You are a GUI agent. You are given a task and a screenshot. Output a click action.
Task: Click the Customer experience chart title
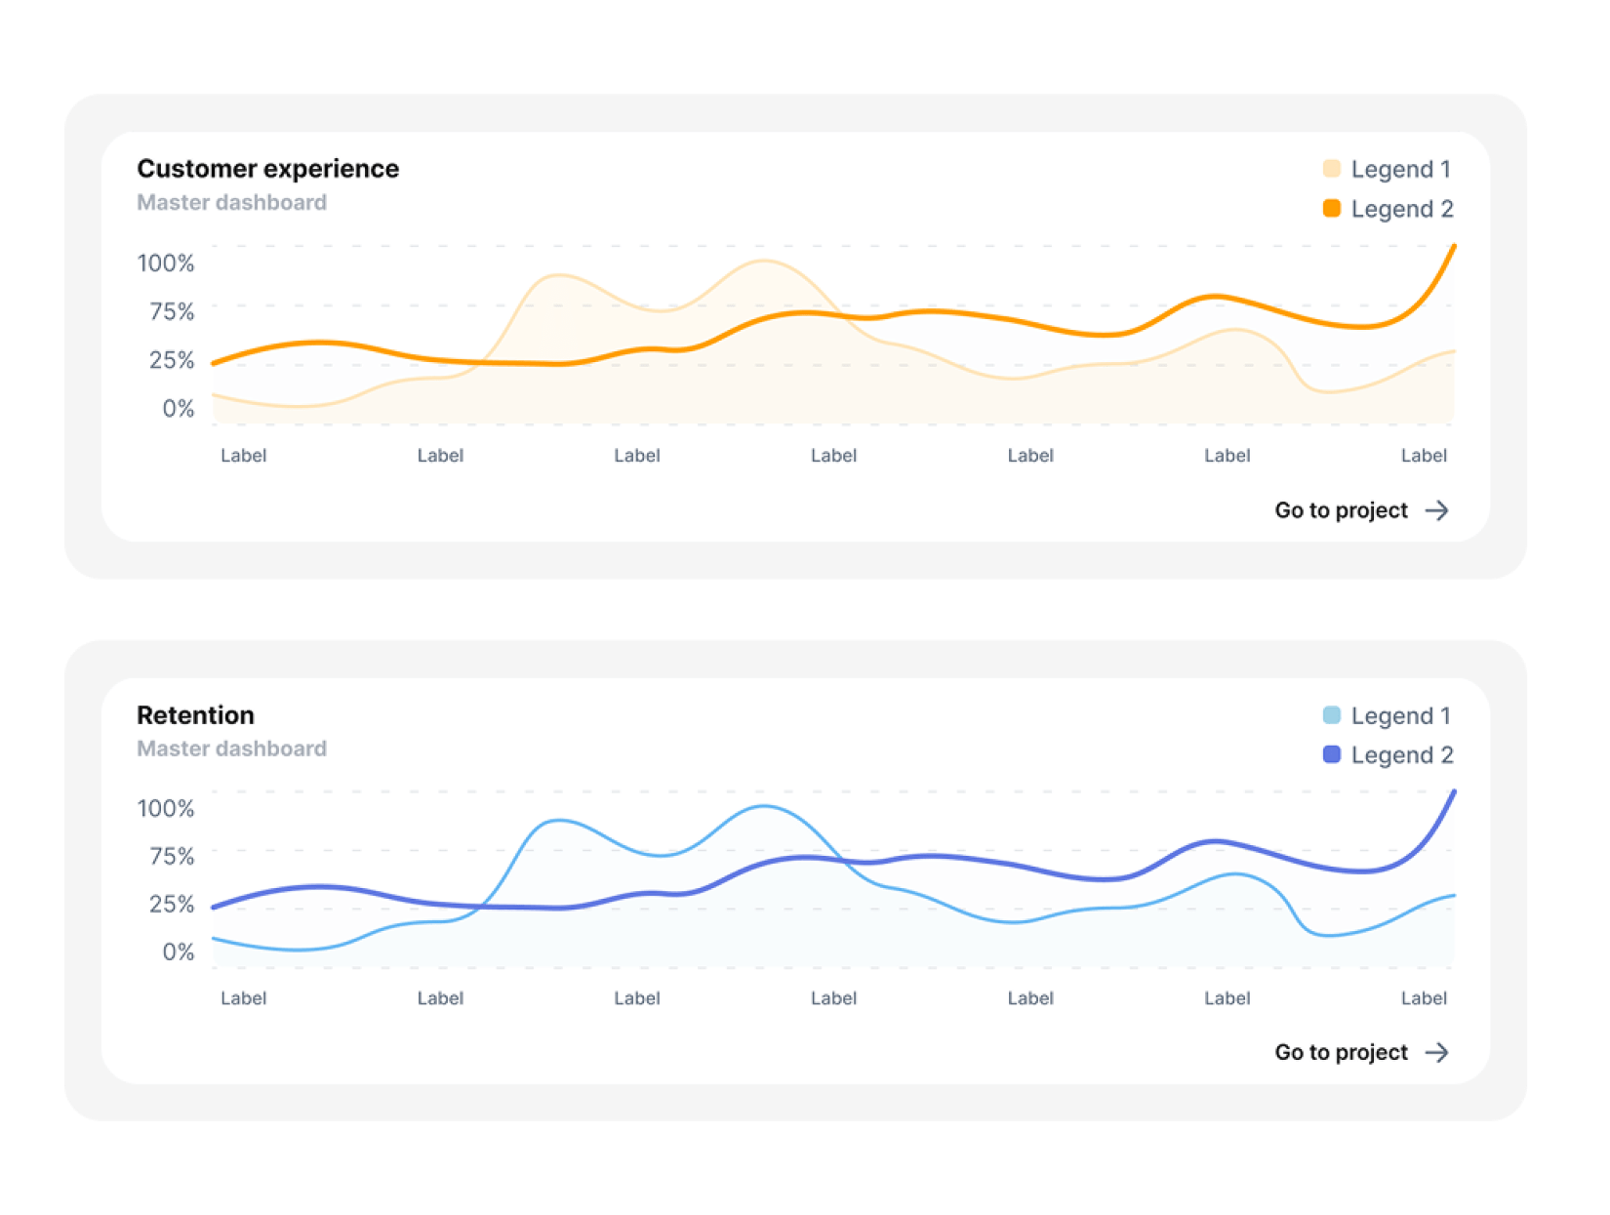coord(267,169)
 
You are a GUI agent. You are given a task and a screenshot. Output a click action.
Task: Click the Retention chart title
coord(195,715)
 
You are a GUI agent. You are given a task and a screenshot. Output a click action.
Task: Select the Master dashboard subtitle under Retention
coord(231,749)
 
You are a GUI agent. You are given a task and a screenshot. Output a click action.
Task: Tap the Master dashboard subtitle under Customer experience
coord(231,202)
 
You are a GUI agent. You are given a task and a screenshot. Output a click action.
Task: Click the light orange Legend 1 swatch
coord(1331,169)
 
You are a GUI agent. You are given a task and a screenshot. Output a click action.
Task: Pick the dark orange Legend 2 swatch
coord(1331,208)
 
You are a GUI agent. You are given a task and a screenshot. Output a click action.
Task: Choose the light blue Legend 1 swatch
coord(1331,715)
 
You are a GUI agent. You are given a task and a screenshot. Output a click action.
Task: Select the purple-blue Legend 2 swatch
coord(1331,754)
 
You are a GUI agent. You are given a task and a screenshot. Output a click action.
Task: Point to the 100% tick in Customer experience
coord(166,263)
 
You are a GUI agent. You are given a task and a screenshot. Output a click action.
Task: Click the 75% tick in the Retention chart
coord(172,856)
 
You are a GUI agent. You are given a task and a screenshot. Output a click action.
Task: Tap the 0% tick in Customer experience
coord(179,408)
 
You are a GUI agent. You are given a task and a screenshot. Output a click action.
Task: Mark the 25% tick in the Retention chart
coord(172,904)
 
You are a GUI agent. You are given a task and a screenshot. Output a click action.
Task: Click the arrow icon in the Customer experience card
coord(1436,510)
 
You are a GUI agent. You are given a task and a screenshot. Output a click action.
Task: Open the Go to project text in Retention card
coord(1341,1052)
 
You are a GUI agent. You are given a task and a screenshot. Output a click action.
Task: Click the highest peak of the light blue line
coord(764,806)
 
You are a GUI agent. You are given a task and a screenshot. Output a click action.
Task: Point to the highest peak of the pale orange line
coord(764,261)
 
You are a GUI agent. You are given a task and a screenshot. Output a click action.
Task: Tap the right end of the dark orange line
coord(1454,246)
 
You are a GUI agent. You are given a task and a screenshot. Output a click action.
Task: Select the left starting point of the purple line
coord(215,908)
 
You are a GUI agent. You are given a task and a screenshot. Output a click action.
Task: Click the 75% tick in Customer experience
coord(172,311)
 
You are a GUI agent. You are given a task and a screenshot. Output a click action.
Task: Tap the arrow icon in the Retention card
coord(1436,1052)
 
